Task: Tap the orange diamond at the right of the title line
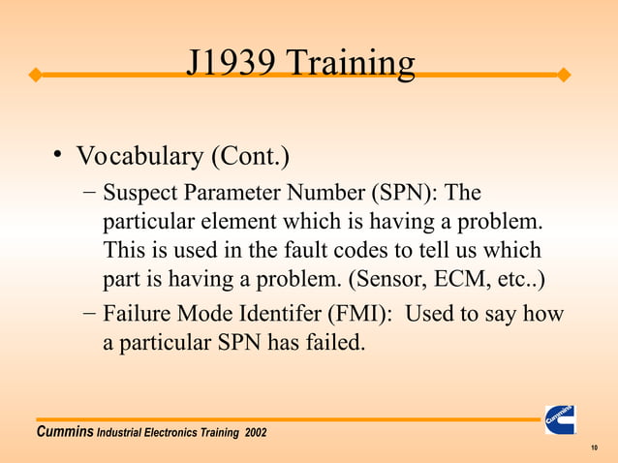coord(565,75)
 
